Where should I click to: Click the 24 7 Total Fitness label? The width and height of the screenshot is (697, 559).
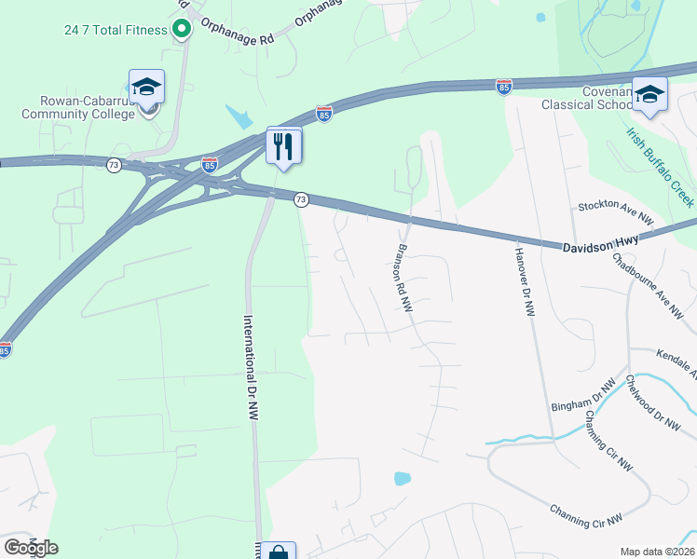(116, 30)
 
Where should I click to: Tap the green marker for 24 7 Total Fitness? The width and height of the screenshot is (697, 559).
(182, 29)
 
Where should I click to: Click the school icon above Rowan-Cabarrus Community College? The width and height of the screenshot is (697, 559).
(147, 87)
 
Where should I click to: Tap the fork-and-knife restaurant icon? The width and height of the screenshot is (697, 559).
(284, 144)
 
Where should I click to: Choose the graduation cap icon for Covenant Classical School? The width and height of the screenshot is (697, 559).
(649, 94)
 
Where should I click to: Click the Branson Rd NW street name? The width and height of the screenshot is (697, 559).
(403, 283)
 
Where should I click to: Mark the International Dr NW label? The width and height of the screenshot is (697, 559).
(250, 370)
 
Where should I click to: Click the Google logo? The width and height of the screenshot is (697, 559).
(32, 548)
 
